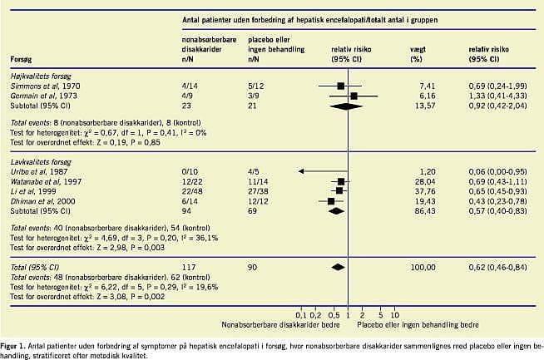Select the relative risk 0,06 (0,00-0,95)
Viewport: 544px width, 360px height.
click(496, 170)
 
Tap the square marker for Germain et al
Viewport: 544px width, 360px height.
click(355, 96)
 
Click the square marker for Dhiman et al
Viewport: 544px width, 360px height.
click(332, 201)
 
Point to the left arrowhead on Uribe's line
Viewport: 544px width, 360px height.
click(300, 170)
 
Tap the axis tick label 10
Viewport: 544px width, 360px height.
click(394, 316)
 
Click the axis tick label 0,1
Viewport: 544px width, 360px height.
click(300, 316)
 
